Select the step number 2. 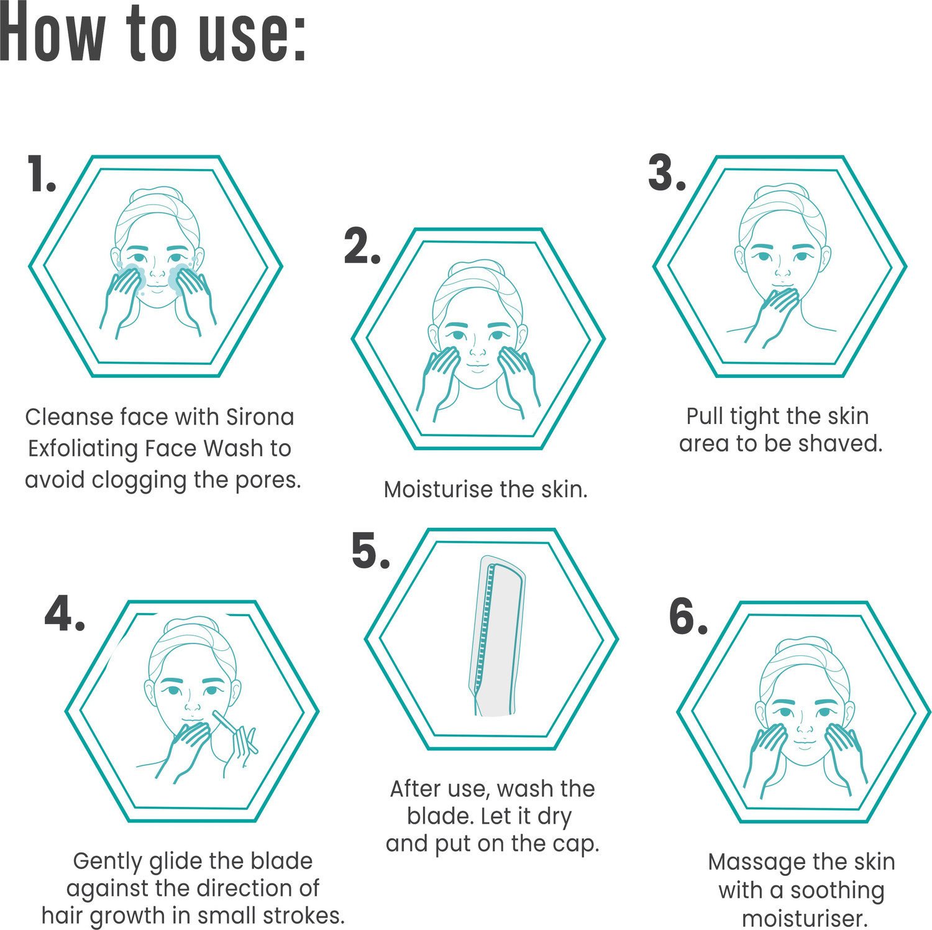pyautogui.click(x=362, y=247)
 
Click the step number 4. pyautogui.click(x=65, y=613)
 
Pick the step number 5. pyautogui.click(x=370, y=551)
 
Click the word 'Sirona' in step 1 pyautogui.click(x=260, y=417)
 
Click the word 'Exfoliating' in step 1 pyautogui.click(x=83, y=449)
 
